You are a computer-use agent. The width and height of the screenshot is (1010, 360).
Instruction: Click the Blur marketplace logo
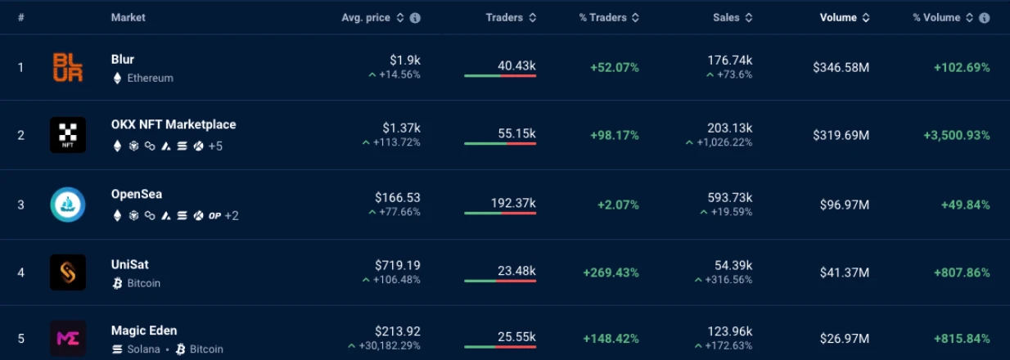pyautogui.click(x=67, y=67)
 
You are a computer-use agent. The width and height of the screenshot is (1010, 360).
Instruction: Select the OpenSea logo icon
pyautogui.click(x=67, y=205)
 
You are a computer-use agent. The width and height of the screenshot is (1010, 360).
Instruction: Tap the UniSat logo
pyautogui.click(x=67, y=272)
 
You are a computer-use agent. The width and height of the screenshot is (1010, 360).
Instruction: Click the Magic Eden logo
pyautogui.click(x=67, y=338)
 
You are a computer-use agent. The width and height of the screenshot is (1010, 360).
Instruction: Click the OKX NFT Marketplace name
pyautogui.click(x=174, y=124)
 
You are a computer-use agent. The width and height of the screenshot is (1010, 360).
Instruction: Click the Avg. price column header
pyautogui.click(x=366, y=18)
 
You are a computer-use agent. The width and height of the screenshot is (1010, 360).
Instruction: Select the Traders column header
pyautogui.click(x=504, y=18)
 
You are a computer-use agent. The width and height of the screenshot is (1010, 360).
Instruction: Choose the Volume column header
pyautogui.click(x=838, y=18)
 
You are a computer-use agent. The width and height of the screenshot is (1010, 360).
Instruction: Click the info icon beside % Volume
pyautogui.click(x=984, y=18)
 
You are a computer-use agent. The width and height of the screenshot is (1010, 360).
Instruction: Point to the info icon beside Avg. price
pyautogui.click(x=415, y=18)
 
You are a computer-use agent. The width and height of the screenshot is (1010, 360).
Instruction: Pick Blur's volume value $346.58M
pyautogui.click(x=841, y=68)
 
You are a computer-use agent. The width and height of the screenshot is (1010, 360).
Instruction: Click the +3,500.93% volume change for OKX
pyautogui.click(x=956, y=135)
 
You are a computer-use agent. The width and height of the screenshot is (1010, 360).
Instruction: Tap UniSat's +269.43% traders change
pyautogui.click(x=611, y=272)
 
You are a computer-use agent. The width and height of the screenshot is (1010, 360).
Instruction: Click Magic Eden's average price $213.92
pyautogui.click(x=398, y=331)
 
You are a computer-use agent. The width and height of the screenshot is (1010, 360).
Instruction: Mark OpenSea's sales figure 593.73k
pyautogui.click(x=730, y=197)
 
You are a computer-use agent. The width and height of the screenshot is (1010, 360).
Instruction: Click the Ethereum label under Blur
pyautogui.click(x=150, y=79)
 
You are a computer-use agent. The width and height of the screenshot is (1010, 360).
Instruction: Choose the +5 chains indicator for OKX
pyautogui.click(x=215, y=146)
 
